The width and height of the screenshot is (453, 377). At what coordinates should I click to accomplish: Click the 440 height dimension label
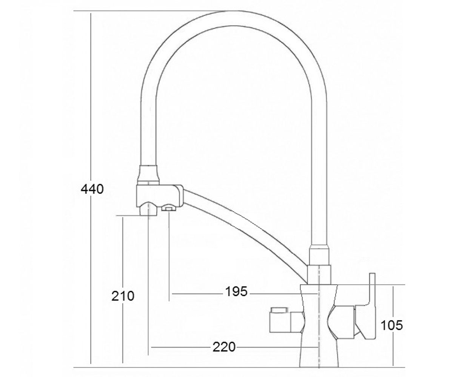[92, 189]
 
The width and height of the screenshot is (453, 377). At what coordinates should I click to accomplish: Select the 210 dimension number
[123, 296]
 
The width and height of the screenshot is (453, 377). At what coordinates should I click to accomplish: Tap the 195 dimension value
[236, 291]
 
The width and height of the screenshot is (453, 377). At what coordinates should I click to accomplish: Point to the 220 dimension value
[224, 347]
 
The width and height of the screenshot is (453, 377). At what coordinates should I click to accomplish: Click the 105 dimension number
[391, 325]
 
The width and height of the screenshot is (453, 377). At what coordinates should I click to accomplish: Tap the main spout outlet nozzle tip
[148, 209]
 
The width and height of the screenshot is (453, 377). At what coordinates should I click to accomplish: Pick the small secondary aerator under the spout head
[169, 208]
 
